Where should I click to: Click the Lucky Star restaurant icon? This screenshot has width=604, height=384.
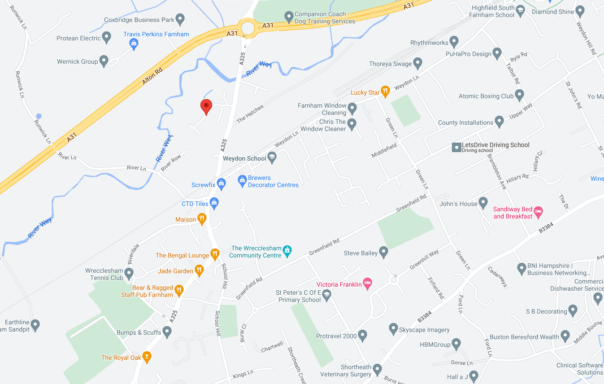click(385, 92)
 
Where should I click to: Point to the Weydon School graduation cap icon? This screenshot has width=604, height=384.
click(271, 157)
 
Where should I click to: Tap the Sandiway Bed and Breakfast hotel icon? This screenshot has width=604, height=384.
click(538, 211)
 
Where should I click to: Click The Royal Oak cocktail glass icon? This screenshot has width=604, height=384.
click(146, 357)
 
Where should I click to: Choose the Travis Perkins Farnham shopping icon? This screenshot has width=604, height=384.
click(133, 43)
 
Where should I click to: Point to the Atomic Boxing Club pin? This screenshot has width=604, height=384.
click(519, 95)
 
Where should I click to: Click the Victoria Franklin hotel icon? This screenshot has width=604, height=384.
click(368, 283)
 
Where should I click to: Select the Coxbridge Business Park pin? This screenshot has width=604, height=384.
click(180, 19)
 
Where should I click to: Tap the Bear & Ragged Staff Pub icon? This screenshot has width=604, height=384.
click(179, 290)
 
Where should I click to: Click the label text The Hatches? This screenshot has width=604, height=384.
click(250, 113)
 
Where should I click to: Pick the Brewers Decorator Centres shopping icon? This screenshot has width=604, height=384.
click(242, 180)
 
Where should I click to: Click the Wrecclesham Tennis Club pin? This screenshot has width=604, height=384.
click(129, 273)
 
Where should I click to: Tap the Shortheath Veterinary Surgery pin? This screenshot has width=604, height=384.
click(377, 369)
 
